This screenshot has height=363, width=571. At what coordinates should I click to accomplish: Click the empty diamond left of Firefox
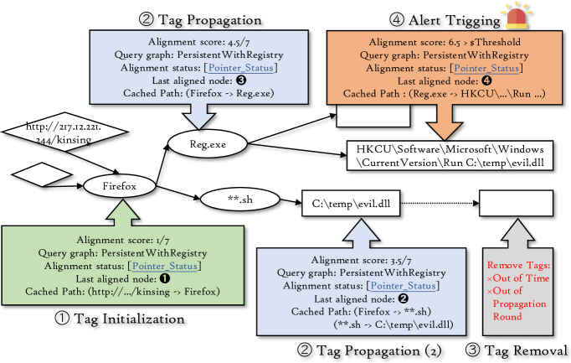pos(34,176)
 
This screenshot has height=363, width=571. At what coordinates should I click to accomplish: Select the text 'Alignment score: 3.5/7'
pos(350,261)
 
